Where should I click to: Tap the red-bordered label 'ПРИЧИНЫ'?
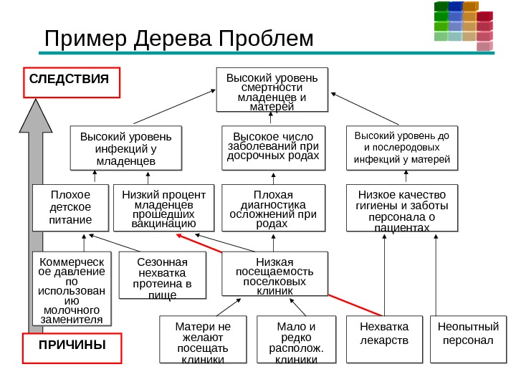(x=72, y=348)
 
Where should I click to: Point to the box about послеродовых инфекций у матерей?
(x=402, y=147)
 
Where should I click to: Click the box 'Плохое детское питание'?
(x=71, y=207)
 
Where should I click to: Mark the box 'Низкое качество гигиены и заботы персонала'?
(x=401, y=209)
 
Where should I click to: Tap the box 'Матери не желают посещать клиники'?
(x=204, y=340)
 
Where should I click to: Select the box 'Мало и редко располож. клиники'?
(x=295, y=340)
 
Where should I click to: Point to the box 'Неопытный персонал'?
(x=467, y=339)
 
